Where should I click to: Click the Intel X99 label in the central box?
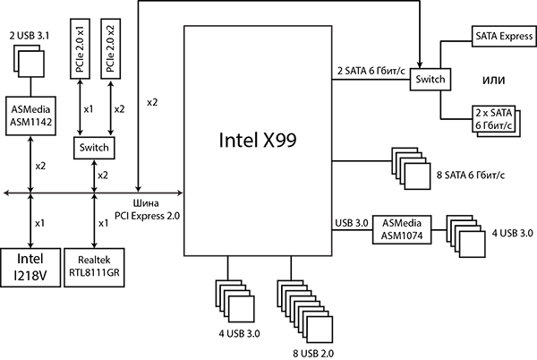258,141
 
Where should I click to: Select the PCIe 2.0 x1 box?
79,48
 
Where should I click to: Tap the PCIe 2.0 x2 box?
109,48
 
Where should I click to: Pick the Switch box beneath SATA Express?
430,80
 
